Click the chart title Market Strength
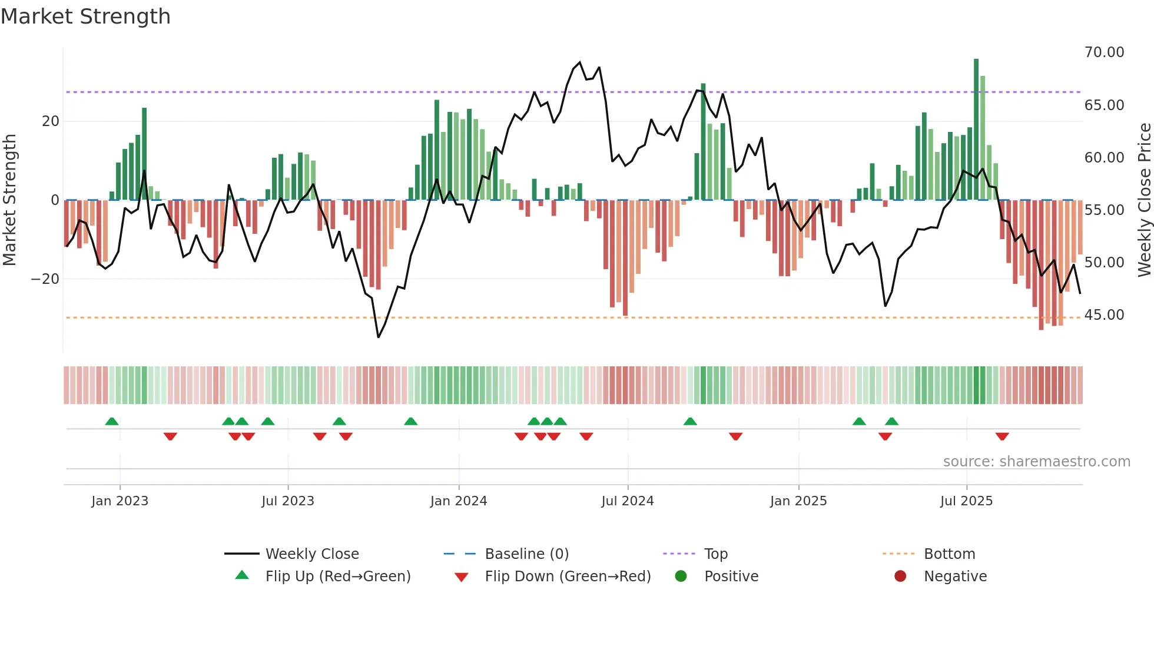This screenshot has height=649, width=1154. coord(85,16)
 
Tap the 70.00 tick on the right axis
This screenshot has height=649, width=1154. coord(1104,52)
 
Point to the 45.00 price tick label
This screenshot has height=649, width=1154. coord(1104,315)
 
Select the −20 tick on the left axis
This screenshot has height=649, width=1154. coord(45,279)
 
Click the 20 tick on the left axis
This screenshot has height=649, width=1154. coord(51,121)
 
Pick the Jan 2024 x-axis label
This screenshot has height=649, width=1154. coord(458,501)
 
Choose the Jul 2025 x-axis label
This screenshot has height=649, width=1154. coord(966,501)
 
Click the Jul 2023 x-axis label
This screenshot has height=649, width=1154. coord(288,501)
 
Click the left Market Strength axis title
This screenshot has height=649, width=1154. coord(9,200)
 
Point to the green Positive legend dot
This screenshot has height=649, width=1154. coord(681,577)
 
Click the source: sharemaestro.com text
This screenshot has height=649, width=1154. coord(1036,462)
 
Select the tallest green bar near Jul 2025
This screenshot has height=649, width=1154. coord(976,130)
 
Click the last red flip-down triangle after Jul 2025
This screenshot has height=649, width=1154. coord(1002,436)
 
